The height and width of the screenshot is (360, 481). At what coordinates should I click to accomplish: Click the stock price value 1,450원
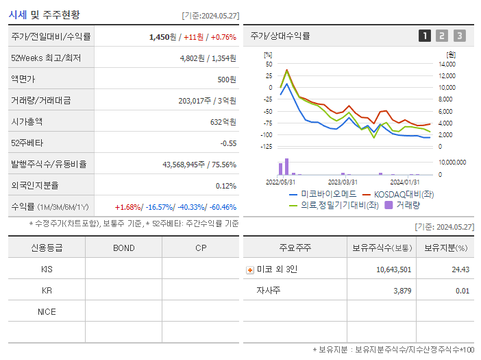click(164, 37)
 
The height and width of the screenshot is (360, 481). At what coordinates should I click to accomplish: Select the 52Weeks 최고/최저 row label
click(46, 58)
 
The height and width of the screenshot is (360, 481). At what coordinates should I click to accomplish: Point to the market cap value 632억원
click(223, 122)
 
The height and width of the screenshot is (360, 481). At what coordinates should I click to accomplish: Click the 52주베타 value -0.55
click(227, 143)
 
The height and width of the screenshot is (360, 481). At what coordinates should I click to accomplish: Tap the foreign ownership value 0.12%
click(226, 186)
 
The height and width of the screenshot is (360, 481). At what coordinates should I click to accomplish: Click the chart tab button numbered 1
click(425, 36)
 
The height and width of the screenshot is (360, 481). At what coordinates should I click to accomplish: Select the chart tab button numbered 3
click(459, 36)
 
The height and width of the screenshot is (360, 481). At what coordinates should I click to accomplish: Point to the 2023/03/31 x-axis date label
click(343, 182)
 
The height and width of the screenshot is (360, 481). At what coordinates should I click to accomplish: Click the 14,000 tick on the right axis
click(447, 64)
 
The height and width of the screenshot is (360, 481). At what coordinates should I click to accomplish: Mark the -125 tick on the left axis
click(267, 146)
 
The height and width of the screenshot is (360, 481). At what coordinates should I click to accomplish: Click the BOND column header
click(123, 248)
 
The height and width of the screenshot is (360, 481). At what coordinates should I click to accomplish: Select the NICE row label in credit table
click(47, 312)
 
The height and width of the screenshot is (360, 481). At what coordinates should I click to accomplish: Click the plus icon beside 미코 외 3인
click(250, 270)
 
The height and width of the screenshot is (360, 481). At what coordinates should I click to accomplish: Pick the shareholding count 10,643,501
click(393, 270)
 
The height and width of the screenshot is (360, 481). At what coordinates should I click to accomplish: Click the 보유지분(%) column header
click(445, 248)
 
